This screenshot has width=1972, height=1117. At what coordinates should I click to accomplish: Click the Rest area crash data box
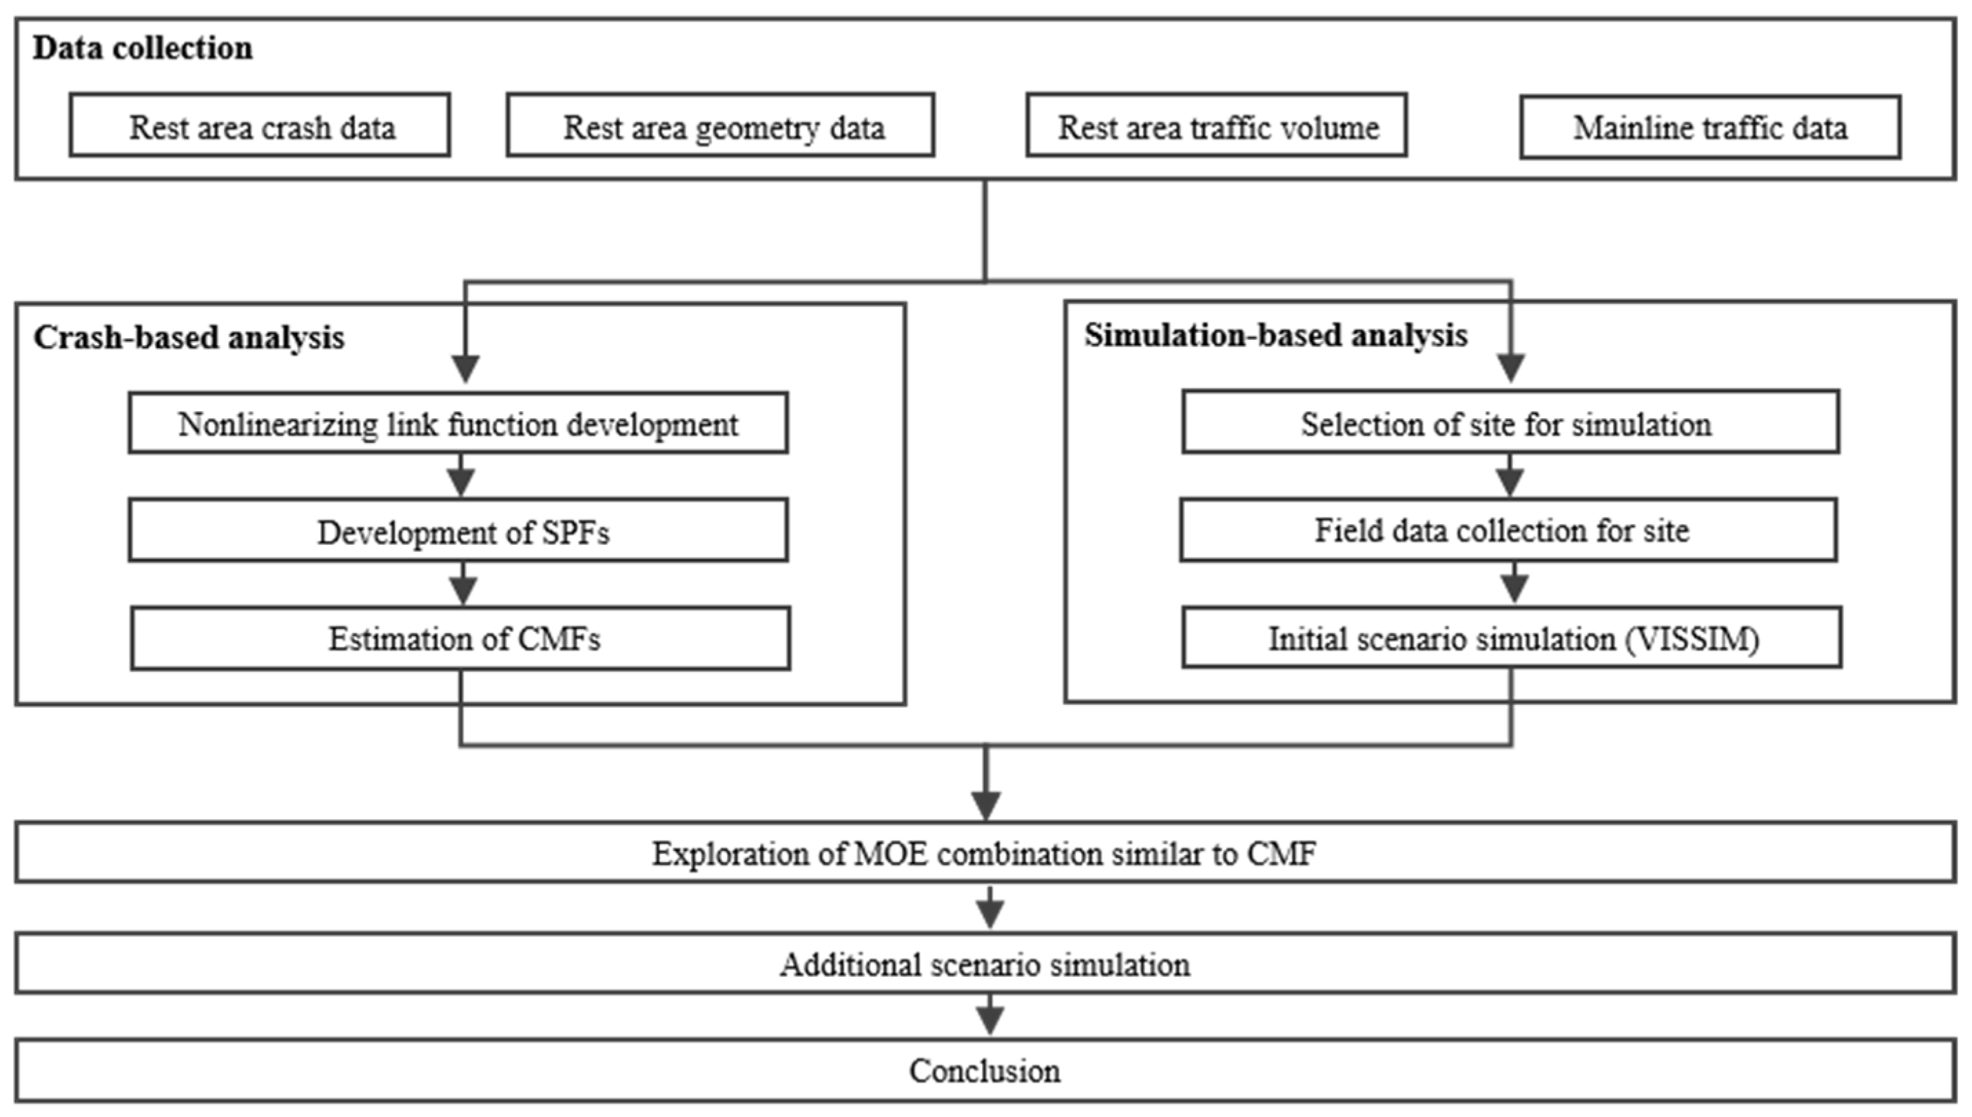[259, 126]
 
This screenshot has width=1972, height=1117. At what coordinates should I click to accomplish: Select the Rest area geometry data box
[720, 126]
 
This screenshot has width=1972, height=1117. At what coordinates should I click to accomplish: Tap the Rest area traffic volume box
[1217, 126]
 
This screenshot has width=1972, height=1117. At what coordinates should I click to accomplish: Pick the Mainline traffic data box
[1709, 127]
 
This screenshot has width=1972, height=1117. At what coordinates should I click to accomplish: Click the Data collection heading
[143, 48]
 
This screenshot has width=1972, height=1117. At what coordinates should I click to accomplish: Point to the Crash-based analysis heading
[189, 338]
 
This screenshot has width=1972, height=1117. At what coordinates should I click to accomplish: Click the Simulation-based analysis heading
[1275, 336]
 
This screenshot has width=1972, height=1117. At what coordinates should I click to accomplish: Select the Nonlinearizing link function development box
[458, 424]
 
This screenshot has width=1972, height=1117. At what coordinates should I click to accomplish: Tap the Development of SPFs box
[458, 531]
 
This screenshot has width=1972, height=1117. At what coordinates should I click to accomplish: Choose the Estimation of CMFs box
[460, 639]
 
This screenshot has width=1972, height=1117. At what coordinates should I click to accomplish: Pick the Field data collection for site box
[1508, 530]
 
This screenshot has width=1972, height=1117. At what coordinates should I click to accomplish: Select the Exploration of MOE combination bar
[985, 852]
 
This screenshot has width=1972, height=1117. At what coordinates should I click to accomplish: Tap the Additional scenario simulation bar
[985, 963]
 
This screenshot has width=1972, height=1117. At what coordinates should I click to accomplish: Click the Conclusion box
[985, 1071]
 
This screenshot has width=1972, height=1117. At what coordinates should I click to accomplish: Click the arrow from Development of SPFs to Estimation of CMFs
[462, 584]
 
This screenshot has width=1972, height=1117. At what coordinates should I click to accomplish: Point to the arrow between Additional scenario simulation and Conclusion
[989, 1016]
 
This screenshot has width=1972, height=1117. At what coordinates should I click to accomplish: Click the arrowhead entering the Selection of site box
[1510, 368]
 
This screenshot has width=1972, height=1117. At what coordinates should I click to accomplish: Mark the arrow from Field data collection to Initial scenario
[1513, 584]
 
